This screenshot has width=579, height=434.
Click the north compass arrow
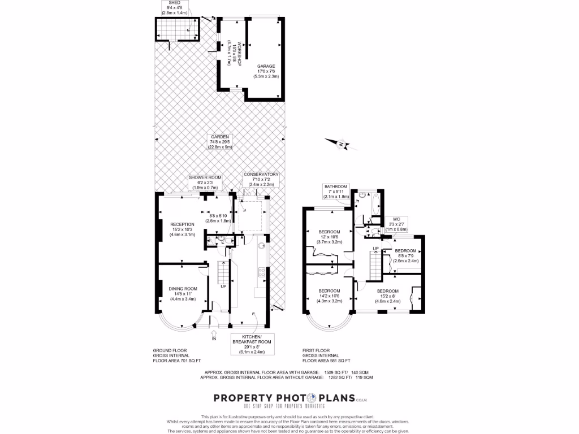tap(342, 145)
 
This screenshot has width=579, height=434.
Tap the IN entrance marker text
tap(214, 339)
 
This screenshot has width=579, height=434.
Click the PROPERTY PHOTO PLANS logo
tap(284, 398)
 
